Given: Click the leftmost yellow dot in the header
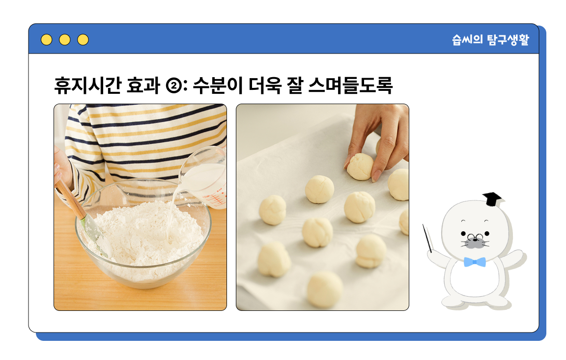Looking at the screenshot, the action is click(47, 40).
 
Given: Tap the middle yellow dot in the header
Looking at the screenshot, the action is click(65, 40).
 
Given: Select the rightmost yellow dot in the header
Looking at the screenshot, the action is click(83, 40).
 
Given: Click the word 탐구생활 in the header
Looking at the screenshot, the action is click(508, 40).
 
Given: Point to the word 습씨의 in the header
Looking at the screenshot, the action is click(467, 40).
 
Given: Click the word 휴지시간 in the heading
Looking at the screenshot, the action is click(88, 85).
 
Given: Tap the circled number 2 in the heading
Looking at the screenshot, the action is click(174, 86).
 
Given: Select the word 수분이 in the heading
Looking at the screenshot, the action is click(218, 85).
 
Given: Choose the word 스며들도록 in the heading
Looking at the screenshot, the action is click(350, 85).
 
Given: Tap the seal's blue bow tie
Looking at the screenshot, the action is click(474, 262).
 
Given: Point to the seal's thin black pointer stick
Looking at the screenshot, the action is click(427, 238).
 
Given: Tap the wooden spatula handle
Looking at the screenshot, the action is click(69, 198).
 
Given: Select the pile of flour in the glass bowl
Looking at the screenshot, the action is click(146, 234).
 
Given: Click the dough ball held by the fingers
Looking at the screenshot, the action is click(360, 166).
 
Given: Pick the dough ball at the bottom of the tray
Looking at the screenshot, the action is click(325, 290).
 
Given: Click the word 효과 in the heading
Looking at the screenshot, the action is click(143, 85).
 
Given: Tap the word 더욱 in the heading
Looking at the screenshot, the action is click(265, 85).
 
